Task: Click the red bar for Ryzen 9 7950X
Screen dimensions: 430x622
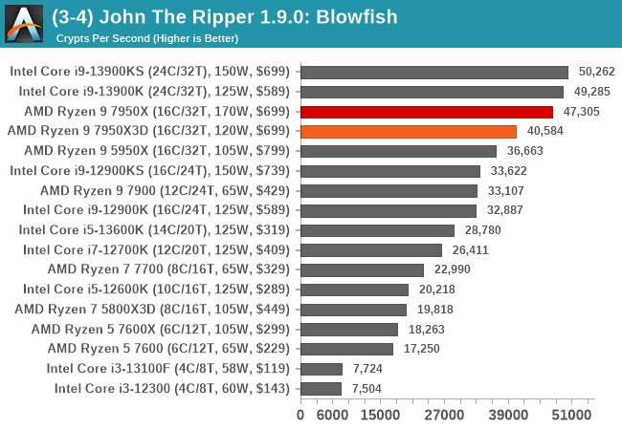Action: coord(427,112)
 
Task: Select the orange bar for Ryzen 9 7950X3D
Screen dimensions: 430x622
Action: coord(409,131)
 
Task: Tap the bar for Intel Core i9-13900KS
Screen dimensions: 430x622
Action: coord(434,72)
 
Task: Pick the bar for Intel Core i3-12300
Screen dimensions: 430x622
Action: coord(322,388)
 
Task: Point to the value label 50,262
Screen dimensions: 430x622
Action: coord(596,72)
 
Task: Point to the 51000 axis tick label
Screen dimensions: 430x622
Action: coord(568,414)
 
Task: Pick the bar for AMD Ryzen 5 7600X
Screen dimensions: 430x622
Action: coord(348,329)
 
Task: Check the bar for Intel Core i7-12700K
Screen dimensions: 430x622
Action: coord(371,249)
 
